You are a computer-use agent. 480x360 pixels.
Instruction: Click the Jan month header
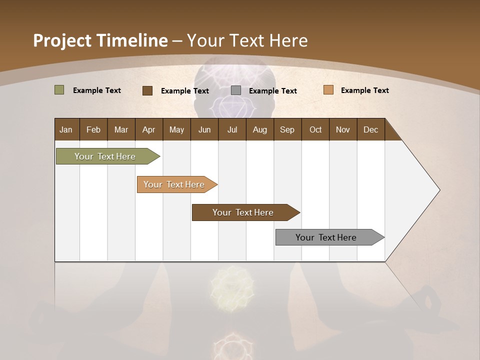(66, 129)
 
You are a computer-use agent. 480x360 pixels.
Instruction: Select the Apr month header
(148, 129)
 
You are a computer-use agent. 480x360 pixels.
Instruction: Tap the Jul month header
(232, 129)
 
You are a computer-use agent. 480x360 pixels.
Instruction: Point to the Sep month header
(287, 129)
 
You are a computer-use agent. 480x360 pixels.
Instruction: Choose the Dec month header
(370, 129)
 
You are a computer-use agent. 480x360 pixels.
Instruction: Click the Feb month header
(93, 129)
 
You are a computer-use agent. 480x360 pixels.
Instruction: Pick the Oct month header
(315, 129)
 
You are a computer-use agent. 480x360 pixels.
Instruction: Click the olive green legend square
(59, 90)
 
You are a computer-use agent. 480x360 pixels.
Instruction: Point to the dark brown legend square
(147, 90)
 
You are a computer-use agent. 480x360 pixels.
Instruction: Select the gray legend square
(236, 90)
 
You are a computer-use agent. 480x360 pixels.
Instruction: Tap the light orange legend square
(328, 90)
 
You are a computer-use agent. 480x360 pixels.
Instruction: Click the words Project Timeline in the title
(100, 40)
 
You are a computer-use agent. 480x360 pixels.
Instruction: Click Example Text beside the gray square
(273, 91)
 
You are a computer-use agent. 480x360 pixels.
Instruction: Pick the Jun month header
(204, 129)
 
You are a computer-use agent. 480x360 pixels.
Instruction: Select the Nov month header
(343, 129)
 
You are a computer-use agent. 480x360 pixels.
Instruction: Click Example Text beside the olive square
(97, 90)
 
